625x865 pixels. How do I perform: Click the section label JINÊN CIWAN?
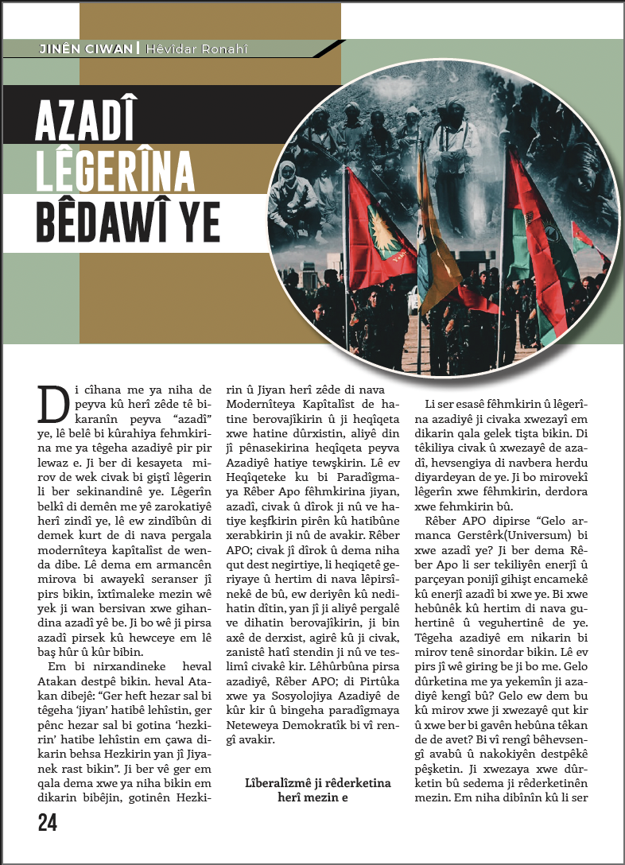[87, 49]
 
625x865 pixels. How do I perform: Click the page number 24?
[47, 823]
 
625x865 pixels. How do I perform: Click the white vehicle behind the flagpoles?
[413, 300]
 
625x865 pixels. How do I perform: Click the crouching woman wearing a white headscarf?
[289, 191]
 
